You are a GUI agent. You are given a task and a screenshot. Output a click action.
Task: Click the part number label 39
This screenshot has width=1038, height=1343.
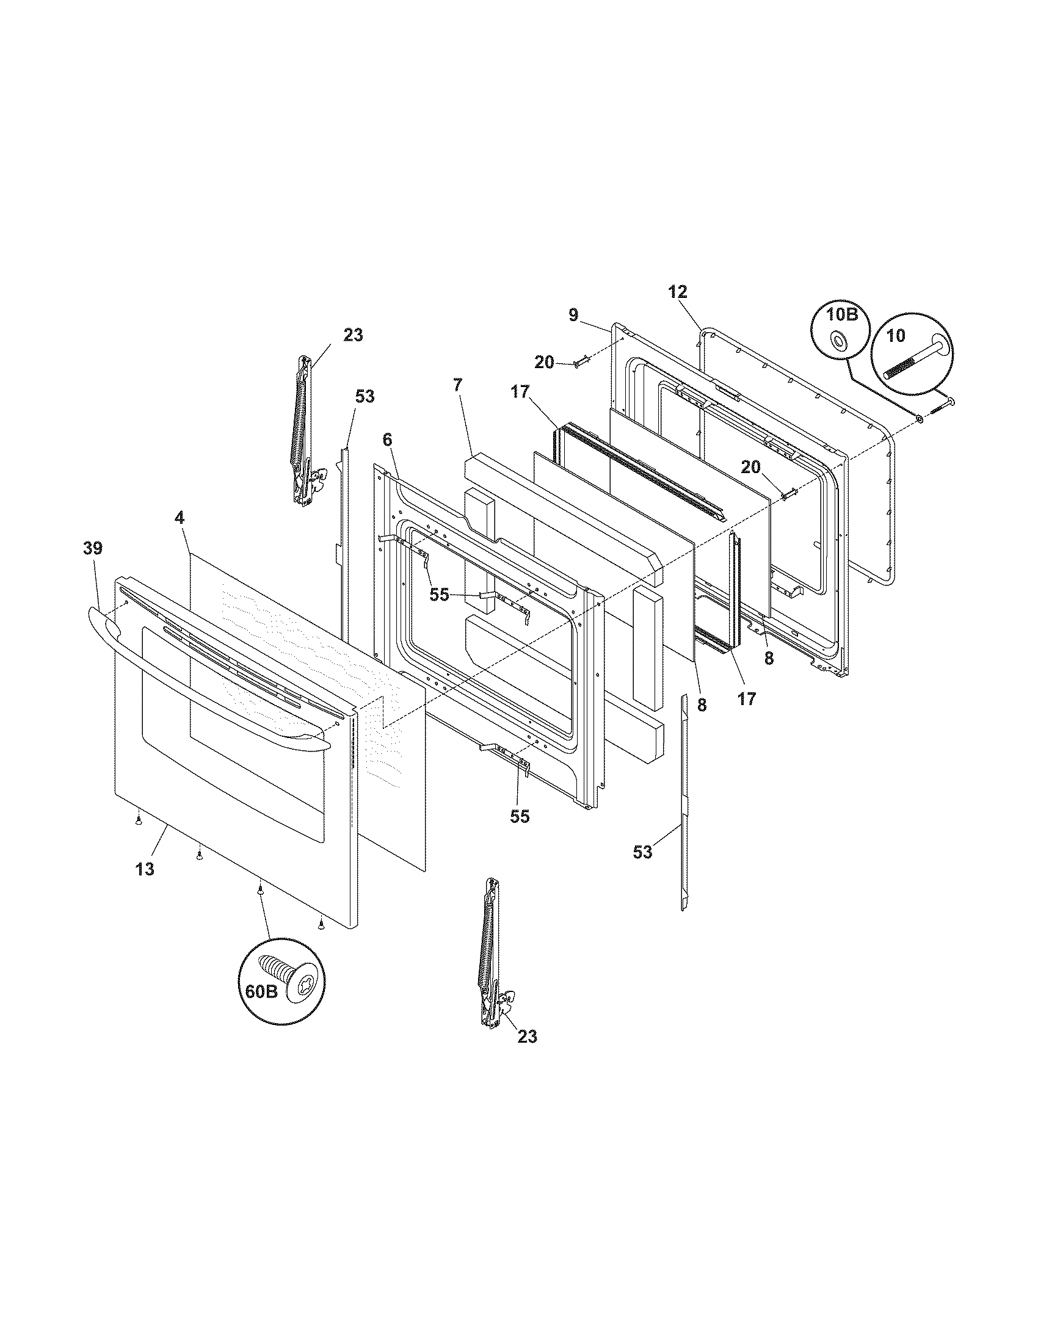(93, 548)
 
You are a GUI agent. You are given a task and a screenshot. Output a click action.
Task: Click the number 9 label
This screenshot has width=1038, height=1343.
(573, 316)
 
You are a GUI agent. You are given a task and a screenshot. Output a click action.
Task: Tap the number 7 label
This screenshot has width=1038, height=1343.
(458, 386)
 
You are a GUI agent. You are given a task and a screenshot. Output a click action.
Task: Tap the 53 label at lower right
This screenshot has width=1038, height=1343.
(642, 852)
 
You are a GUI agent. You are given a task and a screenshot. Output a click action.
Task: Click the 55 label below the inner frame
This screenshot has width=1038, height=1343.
(520, 817)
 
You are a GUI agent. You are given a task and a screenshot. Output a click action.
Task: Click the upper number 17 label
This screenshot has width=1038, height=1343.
(520, 391)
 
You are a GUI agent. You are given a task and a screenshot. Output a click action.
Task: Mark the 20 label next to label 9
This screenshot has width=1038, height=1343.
(544, 362)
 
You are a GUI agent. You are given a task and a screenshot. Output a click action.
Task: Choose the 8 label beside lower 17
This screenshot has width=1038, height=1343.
(702, 705)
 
